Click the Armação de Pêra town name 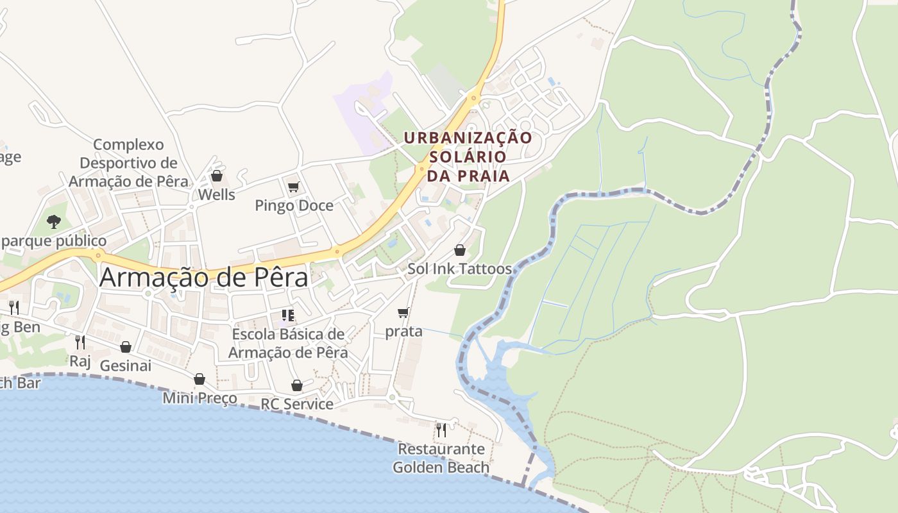(x=204, y=277)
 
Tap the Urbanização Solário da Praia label (x=468, y=156)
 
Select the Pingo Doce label (x=294, y=205)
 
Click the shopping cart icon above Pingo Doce (x=294, y=187)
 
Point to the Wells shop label (x=216, y=194)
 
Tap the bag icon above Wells (x=217, y=176)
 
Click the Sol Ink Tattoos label (x=459, y=269)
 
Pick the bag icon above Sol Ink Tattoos (x=460, y=250)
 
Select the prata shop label (x=403, y=331)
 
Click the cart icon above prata (x=403, y=312)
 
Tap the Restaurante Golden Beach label (x=441, y=458)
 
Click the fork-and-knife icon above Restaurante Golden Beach (x=441, y=430)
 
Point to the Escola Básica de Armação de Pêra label (x=288, y=343)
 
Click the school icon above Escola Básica (x=288, y=315)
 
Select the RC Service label (x=296, y=404)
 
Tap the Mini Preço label (x=199, y=398)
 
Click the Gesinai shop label (x=125, y=366)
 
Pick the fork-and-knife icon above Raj (x=80, y=342)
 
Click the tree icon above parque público (x=54, y=222)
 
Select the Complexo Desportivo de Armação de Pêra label (x=128, y=163)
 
